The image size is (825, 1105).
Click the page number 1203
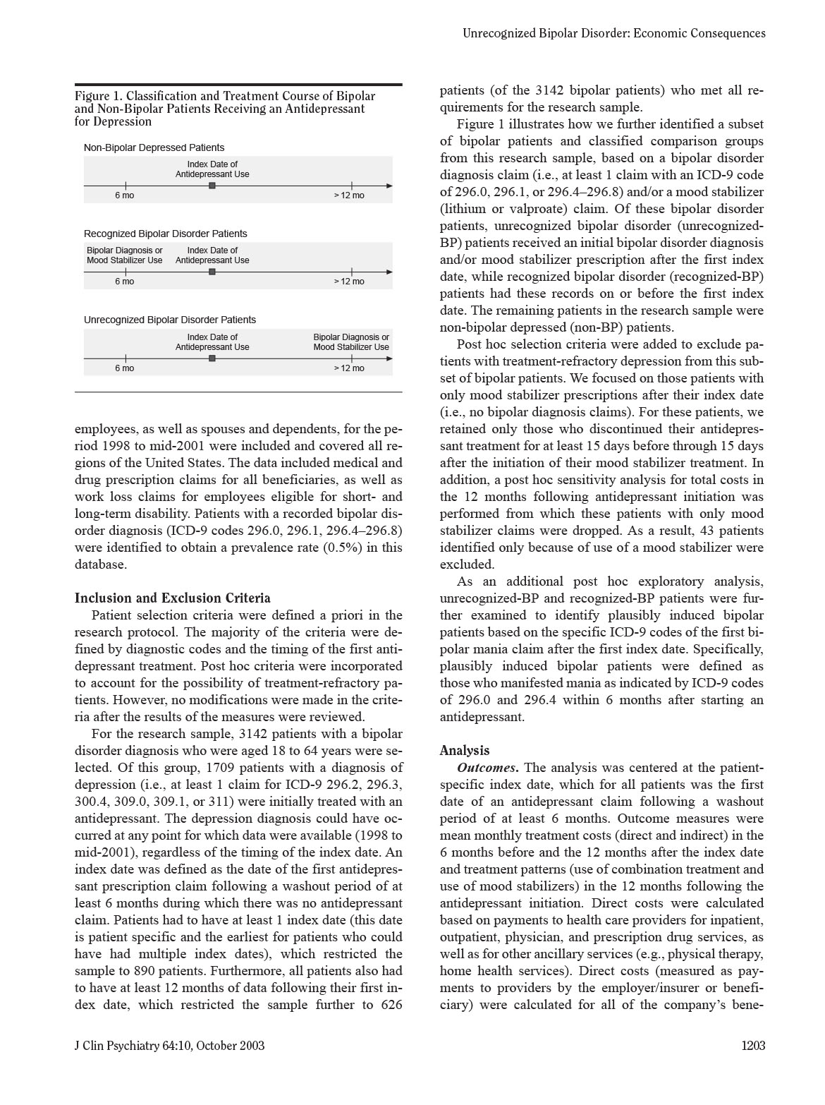click(x=752, y=1046)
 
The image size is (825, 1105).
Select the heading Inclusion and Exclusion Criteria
click(x=172, y=598)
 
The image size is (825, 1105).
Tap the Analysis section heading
click(x=464, y=751)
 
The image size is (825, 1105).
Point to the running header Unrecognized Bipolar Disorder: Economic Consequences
click(x=613, y=33)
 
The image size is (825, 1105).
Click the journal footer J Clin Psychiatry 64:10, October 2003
click(x=169, y=1046)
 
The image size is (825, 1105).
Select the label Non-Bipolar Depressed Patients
click(x=154, y=147)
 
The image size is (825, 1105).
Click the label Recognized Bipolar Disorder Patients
click(x=165, y=234)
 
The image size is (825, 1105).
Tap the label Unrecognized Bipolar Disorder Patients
click(x=169, y=320)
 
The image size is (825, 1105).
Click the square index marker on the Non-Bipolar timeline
click(x=212, y=186)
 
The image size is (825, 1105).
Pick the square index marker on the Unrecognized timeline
click(x=212, y=358)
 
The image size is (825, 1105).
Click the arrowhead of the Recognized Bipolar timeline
click(x=389, y=272)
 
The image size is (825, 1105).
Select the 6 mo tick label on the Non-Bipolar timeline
click(x=124, y=195)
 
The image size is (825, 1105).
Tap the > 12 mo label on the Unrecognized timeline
click(x=349, y=368)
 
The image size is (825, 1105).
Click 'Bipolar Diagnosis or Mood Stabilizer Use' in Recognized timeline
click(x=124, y=255)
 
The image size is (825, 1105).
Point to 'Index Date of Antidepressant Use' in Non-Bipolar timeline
click(x=212, y=169)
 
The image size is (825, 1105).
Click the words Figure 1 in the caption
click(x=97, y=96)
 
